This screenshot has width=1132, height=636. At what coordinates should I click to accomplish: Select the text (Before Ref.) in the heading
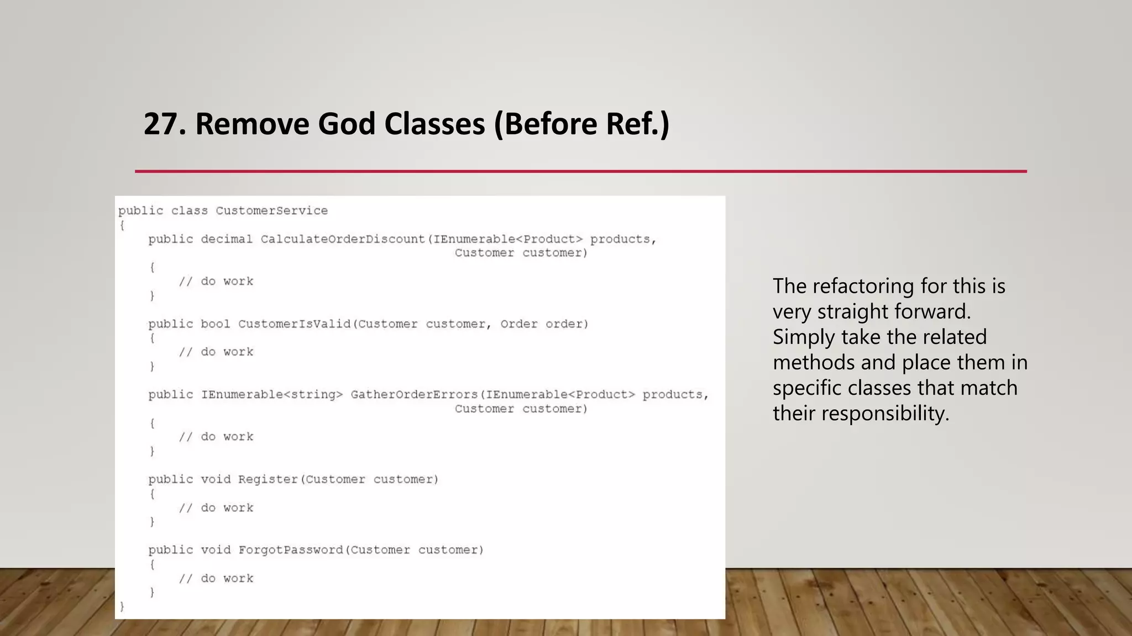click(x=581, y=124)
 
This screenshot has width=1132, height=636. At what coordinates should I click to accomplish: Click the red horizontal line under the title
click(x=580, y=171)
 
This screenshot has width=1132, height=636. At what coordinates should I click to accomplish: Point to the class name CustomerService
click(x=271, y=211)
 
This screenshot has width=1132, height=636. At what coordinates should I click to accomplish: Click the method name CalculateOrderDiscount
click(x=343, y=239)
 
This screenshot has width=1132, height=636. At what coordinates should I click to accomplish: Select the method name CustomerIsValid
click(x=295, y=324)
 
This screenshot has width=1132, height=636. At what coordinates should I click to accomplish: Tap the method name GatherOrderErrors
click(x=414, y=395)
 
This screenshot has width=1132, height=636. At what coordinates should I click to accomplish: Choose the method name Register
click(x=268, y=479)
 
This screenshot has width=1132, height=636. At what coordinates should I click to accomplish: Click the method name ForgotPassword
click(x=291, y=550)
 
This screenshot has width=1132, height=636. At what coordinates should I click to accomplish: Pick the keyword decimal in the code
click(x=227, y=239)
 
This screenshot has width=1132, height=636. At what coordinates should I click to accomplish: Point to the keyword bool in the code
click(x=215, y=324)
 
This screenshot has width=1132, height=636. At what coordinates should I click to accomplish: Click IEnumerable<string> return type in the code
click(x=272, y=395)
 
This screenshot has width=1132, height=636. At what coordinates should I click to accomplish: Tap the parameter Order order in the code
click(x=544, y=324)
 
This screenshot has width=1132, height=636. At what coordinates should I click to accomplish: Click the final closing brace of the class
click(x=122, y=607)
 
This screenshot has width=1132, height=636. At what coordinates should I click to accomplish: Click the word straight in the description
click(x=853, y=311)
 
